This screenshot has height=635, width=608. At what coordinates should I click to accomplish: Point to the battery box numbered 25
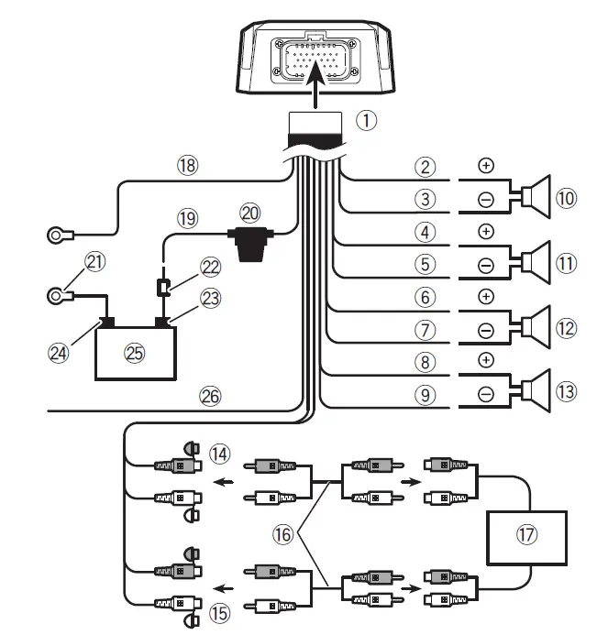[x=135, y=352]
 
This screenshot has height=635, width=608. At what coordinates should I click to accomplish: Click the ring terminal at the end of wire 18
[x=60, y=236]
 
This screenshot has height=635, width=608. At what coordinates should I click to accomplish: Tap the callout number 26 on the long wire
[x=210, y=397]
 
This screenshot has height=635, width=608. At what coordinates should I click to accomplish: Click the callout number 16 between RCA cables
[x=284, y=531]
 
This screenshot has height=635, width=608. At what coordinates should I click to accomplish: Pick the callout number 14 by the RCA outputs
[x=218, y=452]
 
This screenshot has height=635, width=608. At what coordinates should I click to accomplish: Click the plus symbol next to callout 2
[x=486, y=166]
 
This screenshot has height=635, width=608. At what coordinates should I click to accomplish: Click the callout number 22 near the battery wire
[x=211, y=266]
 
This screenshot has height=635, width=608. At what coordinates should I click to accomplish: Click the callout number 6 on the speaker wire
[x=423, y=297]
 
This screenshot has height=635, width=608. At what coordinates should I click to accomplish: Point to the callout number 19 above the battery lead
[x=188, y=219]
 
